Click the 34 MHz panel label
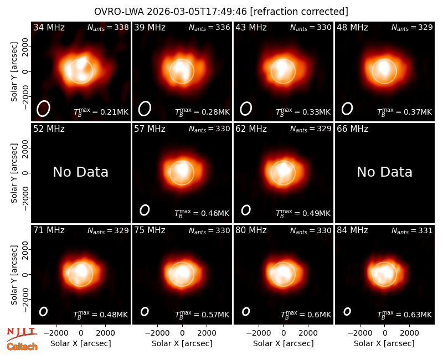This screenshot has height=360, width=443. tap(49, 27)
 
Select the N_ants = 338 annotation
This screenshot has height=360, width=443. tap(108, 27)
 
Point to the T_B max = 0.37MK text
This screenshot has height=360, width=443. tap(404, 112)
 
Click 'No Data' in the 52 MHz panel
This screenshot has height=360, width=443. tap(80, 172)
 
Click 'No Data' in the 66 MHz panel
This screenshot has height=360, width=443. tap(384, 172)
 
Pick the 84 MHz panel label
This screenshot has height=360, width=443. tap(352, 230)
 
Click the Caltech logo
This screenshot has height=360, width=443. tap(22, 347)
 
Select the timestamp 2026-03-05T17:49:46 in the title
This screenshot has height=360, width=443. tap(197, 12)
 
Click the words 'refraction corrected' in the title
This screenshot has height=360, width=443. tap(299, 12)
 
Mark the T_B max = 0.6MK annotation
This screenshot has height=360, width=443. tap(306, 315)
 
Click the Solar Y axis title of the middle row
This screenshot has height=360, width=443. tap(14, 173)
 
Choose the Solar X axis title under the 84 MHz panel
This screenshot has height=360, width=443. tap(384, 343)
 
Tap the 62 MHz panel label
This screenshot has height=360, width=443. tap(251, 129)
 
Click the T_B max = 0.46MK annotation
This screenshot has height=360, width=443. tap(202, 213)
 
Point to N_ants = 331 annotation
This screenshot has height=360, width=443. tap(412, 230)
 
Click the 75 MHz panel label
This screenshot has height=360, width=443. tap(150, 230)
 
